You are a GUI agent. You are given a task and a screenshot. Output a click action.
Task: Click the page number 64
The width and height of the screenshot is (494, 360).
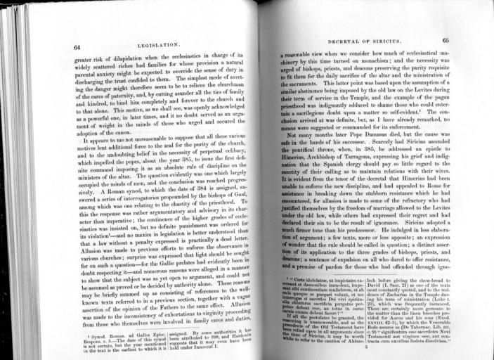[77, 46]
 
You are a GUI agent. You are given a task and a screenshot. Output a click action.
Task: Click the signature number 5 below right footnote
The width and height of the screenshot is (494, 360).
[367, 347]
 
